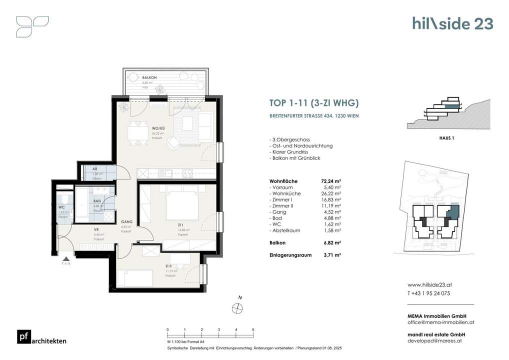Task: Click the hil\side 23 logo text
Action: coord(452,23)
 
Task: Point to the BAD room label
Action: coord(97,201)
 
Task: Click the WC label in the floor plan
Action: coord(61,207)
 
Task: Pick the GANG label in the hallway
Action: coord(126,222)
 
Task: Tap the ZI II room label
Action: coord(170,266)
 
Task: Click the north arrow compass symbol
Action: coord(238,308)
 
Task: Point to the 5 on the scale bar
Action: coord(253,330)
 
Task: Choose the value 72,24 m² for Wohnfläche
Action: coord(330,181)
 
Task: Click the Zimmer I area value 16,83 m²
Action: coord(330,199)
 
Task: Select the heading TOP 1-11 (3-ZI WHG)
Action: coord(313,104)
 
